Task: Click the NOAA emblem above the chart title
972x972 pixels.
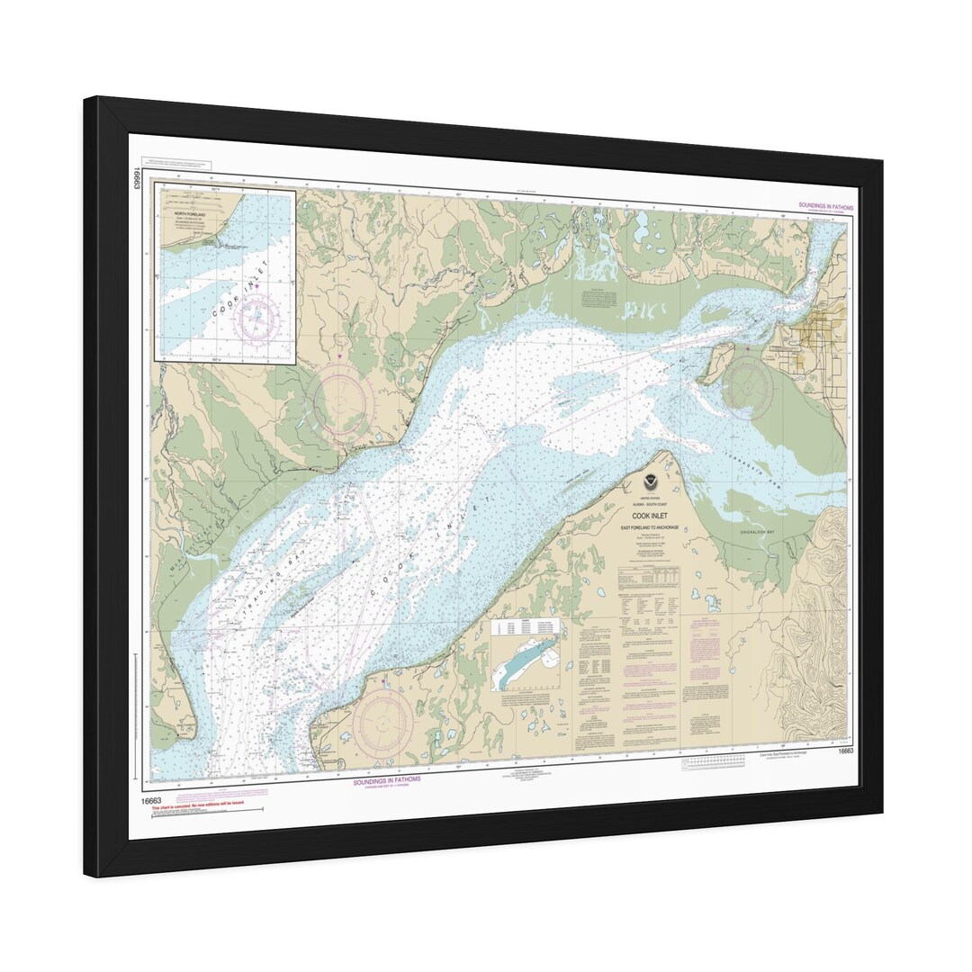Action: [x=650, y=483]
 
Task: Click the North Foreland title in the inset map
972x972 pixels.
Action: [x=190, y=215]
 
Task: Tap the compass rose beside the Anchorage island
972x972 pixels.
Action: [x=749, y=386]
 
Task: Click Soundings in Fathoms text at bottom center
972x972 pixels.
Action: [x=386, y=780]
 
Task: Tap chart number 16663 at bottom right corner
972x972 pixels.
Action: [x=844, y=751]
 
